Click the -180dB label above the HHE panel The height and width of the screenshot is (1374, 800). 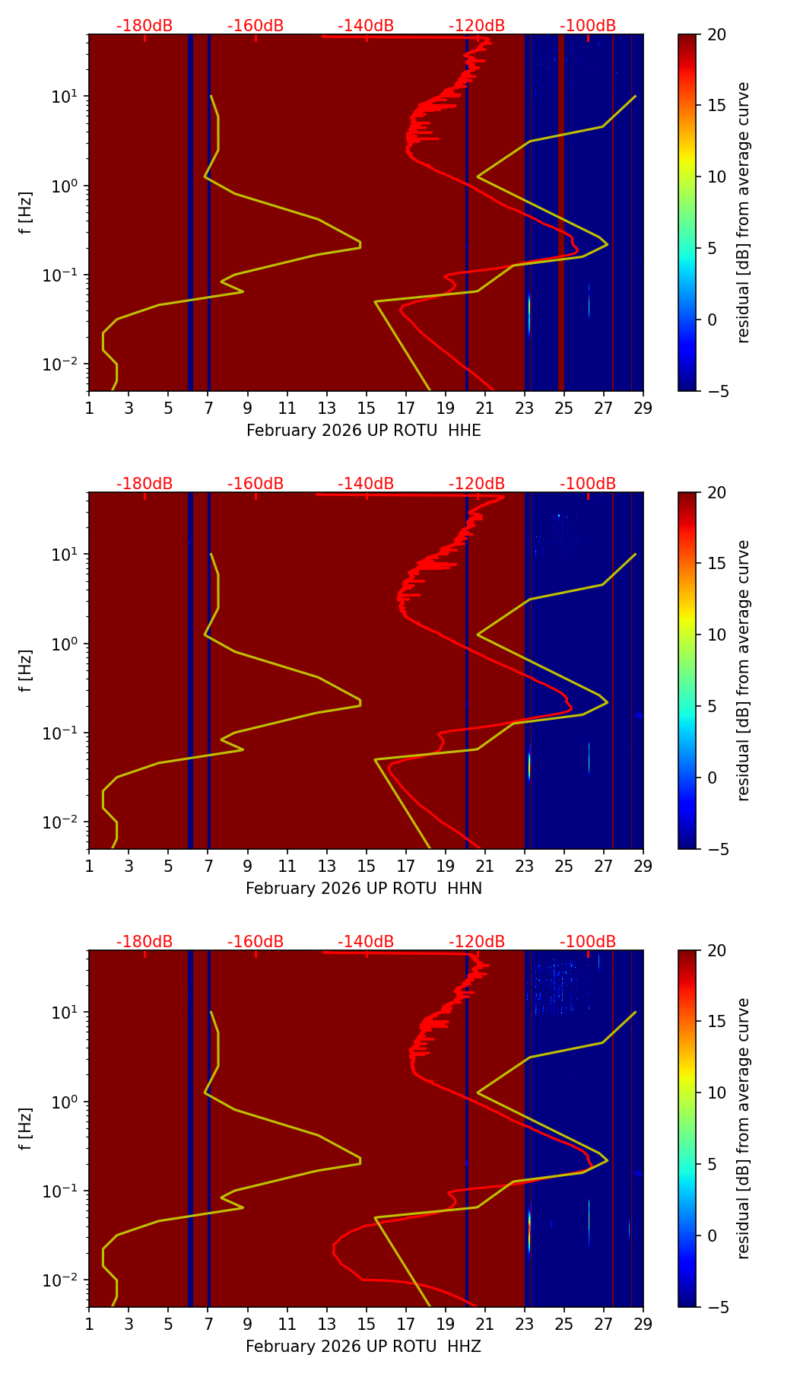(x=144, y=26)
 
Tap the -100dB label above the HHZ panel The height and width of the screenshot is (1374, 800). (x=588, y=942)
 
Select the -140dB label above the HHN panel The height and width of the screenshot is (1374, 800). (x=366, y=484)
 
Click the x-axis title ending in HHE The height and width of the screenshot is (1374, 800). (x=363, y=431)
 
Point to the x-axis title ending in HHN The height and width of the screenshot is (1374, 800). (x=363, y=889)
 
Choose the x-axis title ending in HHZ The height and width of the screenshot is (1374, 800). (x=363, y=1347)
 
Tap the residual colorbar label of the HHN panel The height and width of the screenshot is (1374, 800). (x=744, y=670)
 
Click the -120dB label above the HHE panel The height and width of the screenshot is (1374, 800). (x=477, y=26)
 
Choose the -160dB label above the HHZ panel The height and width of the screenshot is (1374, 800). (x=256, y=942)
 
